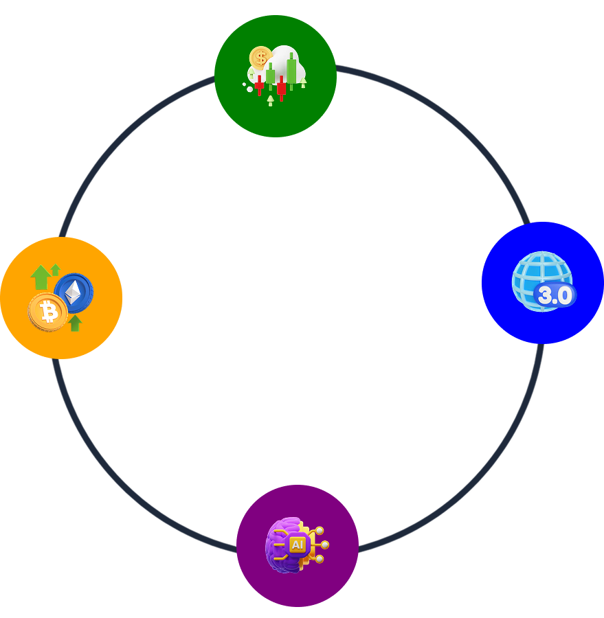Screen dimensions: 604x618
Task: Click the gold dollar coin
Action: [x=260, y=58]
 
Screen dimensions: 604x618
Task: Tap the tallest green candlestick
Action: [x=291, y=71]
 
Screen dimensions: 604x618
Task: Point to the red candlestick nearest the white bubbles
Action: [x=259, y=85]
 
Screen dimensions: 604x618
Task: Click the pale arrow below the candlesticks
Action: [x=270, y=100]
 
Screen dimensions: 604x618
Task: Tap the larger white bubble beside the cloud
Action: [x=249, y=89]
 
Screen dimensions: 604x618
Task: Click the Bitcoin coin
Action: [x=48, y=312]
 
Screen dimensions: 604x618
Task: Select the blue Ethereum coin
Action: [x=74, y=293]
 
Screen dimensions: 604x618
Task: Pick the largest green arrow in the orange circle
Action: [x=41, y=277]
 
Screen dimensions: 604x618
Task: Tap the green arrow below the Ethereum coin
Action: [x=75, y=323]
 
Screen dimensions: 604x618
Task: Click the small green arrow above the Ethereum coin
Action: [x=56, y=270]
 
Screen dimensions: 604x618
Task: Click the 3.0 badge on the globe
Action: [x=555, y=295]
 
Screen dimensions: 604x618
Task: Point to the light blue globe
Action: [x=541, y=281]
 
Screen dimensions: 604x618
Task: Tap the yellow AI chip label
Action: [x=297, y=545]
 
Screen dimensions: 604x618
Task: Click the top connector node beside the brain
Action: [x=320, y=531]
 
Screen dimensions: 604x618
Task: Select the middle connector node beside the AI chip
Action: [x=325, y=545]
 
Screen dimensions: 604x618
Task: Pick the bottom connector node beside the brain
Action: [x=320, y=559]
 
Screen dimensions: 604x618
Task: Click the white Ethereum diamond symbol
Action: [x=73, y=293]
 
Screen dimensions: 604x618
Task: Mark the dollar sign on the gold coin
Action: [x=260, y=58]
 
